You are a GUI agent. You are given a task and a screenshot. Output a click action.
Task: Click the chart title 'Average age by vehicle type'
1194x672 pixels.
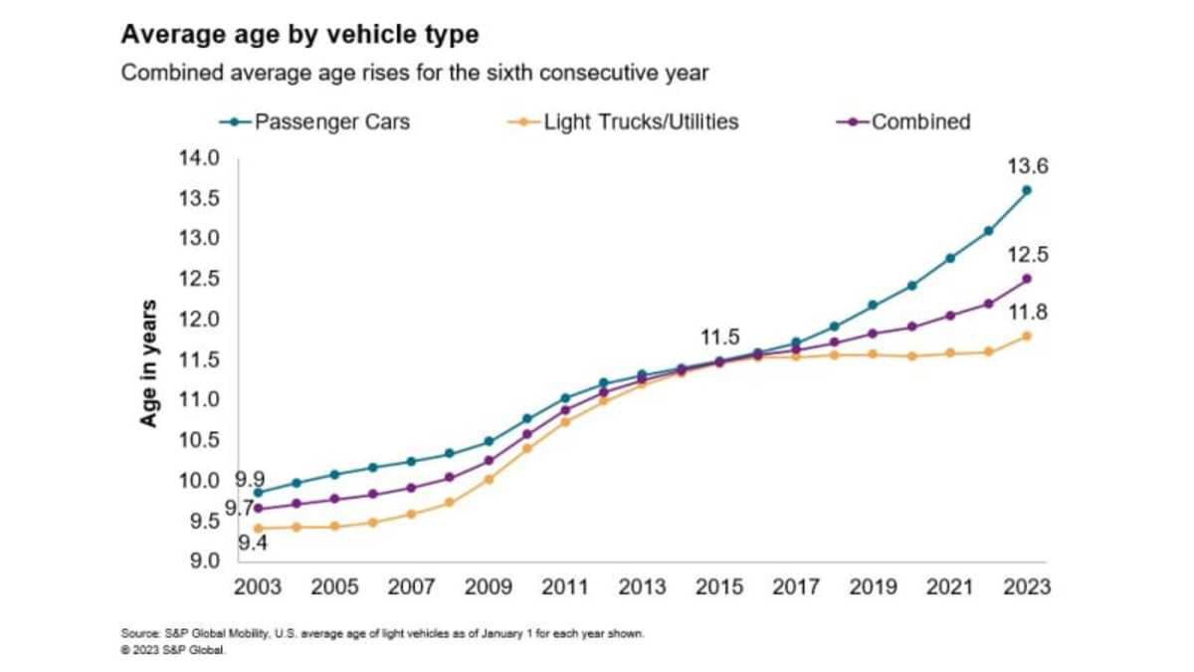tap(299, 35)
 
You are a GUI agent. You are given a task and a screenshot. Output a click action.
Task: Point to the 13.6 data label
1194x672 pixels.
tap(1029, 166)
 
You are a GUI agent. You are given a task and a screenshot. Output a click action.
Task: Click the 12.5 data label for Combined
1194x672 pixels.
tap(1029, 254)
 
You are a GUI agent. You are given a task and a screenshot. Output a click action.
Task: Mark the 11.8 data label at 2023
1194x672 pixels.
tap(1029, 313)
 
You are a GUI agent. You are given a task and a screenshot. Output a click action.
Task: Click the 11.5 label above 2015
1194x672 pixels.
tap(718, 338)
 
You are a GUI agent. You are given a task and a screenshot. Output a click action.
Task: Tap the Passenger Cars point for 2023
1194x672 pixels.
tap(1027, 190)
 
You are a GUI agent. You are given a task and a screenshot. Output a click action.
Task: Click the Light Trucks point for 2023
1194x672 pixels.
tap(1027, 336)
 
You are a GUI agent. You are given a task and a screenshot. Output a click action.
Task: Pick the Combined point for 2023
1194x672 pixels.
tap(1027, 279)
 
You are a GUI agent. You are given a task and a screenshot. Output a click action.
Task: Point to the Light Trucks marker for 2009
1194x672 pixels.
tap(489, 479)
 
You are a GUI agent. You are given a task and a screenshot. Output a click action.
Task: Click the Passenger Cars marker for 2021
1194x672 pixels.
tap(950, 258)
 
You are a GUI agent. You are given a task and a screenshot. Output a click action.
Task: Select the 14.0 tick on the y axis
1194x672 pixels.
tap(199, 157)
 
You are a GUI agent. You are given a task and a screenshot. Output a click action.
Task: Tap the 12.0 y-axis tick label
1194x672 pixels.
tap(199, 320)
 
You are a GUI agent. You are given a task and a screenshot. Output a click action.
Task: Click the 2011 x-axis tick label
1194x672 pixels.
tap(565, 587)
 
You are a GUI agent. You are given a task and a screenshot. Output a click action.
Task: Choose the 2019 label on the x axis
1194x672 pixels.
tap(873, 587)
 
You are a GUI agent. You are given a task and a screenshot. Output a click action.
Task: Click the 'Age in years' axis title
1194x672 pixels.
tap(148, 363)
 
